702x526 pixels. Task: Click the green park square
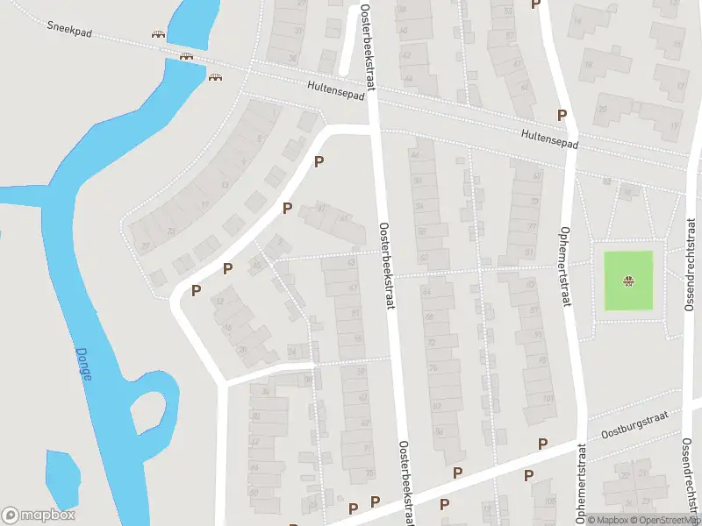click(628, 281)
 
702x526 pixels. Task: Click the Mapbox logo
click(39, 515)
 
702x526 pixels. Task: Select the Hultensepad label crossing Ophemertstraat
click(548, 139)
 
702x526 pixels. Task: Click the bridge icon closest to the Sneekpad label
click(158, 35)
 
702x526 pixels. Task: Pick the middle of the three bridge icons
click(186, 57)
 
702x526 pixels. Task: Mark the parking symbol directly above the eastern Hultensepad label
click(562, 115)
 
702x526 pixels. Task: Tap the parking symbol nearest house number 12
click(197, 290)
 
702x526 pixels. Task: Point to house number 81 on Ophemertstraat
click(528, 252)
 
